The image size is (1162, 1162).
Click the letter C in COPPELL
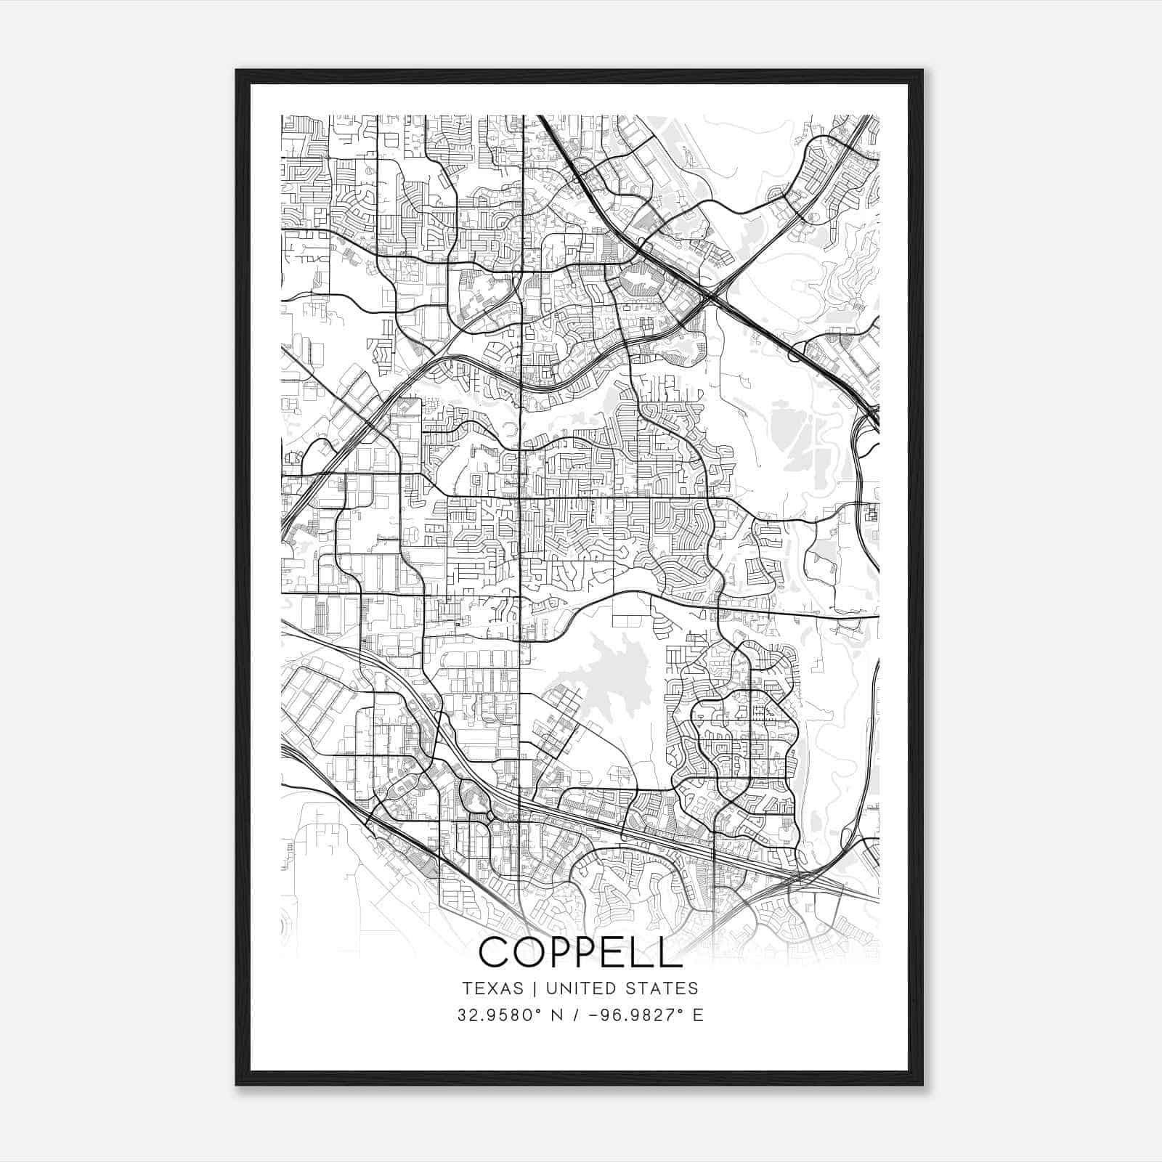click(495, 952)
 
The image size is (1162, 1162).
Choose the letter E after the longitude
click(698, 1015)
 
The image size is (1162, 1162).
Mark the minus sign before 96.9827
click(592, 1015)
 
